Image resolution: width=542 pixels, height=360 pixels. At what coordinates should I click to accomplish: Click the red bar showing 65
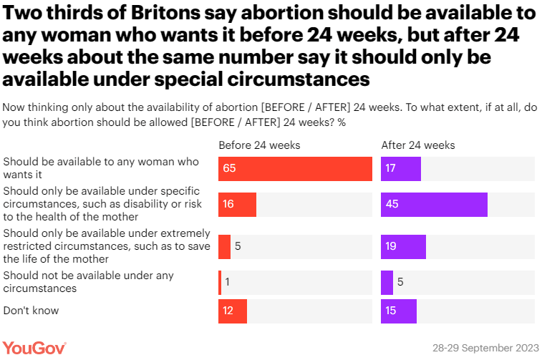295,169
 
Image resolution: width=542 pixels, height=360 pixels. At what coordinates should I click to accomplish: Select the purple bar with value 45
434,205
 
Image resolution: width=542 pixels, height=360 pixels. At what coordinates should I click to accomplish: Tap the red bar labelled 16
237,205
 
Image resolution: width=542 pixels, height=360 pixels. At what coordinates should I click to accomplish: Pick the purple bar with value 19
403,246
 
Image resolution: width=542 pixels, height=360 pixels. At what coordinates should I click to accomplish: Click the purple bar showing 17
400,169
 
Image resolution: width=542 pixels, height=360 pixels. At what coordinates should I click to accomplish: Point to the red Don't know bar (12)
233,311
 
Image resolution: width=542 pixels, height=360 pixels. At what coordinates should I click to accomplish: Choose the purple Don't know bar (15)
399,311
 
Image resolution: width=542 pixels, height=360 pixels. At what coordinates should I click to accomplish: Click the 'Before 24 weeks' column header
259,145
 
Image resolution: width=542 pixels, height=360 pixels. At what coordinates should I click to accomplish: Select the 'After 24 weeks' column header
418,145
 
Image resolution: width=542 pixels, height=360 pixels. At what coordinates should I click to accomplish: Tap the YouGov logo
34,347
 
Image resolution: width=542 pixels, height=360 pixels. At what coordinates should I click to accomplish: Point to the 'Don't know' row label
31,311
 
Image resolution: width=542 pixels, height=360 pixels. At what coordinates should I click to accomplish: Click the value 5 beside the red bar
238,246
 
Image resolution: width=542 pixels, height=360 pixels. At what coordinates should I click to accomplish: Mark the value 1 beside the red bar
228,282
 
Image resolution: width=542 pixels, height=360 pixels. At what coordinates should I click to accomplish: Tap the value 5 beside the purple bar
400,282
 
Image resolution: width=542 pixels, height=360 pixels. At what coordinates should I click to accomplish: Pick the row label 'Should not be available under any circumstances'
88,282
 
